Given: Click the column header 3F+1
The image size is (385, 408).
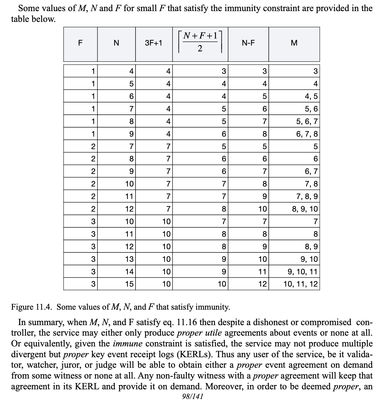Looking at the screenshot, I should click(x=154, y=43).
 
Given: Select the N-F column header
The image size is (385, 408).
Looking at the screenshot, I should click(x=248, y=43).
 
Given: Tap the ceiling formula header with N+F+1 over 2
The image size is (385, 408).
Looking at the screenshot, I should click(x=200, y=43).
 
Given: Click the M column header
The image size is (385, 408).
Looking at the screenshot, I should click(x=294, y=43).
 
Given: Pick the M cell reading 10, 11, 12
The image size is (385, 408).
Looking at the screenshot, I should click(x=301, y=284).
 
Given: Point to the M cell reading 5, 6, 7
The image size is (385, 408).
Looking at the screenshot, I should click(x=307, y=121).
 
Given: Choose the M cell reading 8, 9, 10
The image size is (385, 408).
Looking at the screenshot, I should click(x=305, y=209).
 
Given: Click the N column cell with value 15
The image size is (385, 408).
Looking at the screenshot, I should click(x=129, y=284).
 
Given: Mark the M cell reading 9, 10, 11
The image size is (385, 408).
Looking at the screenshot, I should click(x=302, y=272).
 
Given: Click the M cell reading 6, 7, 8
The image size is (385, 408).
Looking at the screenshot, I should click(x=307, y=134).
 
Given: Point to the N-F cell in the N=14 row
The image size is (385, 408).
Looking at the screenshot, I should click(x=263, y=272).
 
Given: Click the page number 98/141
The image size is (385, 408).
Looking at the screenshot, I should click(x=192, y=397).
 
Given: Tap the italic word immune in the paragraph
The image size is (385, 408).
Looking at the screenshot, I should click(x=127, y=344).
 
